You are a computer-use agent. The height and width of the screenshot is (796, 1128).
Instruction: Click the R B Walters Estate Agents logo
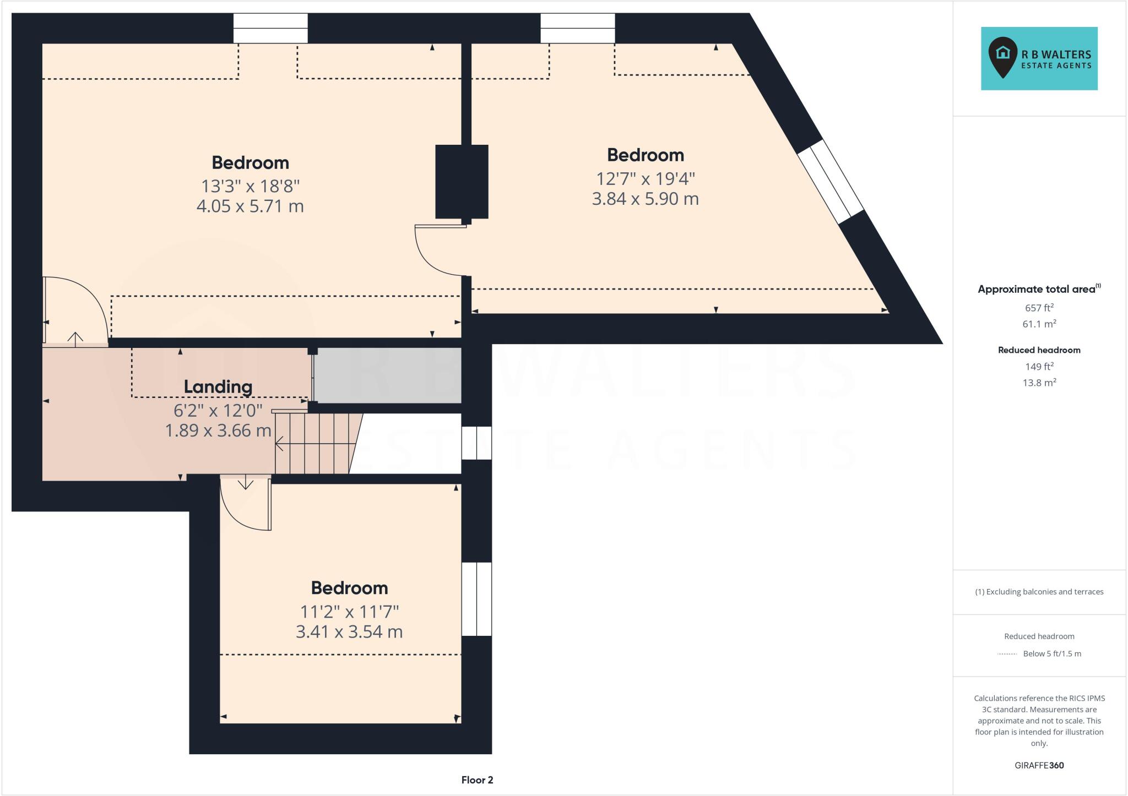(1039, 58)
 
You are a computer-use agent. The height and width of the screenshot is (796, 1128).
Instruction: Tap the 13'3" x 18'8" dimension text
(250, 186)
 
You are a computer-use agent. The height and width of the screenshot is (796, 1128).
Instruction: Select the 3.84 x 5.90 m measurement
(645, 199)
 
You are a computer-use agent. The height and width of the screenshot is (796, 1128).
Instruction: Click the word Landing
(218, 387)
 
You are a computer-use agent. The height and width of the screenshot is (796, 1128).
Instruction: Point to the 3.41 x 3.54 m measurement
(349, 632)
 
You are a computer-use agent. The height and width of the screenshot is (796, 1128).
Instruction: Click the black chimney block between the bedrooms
(462, 182)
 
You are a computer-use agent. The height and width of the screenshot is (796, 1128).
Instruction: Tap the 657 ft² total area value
(1039, 308)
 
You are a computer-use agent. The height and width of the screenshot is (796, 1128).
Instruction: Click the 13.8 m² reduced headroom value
(1039, 383)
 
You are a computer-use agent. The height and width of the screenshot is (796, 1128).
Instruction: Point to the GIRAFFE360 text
(1039, 765)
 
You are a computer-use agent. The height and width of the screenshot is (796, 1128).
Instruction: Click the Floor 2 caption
(477, 780)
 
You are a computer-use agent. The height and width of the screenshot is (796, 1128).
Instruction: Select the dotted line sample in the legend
(1007, 654)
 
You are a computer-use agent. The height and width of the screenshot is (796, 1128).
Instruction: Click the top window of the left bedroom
(270, 28)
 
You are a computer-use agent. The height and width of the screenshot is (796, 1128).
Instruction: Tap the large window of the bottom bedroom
(476, 599)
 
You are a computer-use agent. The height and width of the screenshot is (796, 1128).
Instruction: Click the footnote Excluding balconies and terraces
(1039, 592)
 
